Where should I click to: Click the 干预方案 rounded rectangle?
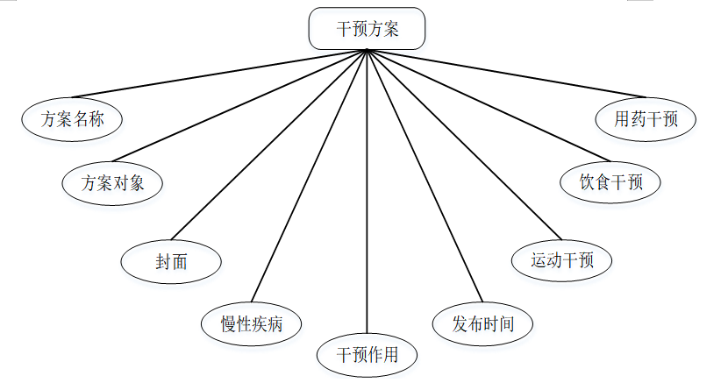pyautogui.click(x=367, y=29)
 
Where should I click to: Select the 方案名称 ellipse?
pyautogui.click(x=73, y=119)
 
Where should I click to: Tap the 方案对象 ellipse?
pyautogui.click(x=113, y=183)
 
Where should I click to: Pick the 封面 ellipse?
pyautogui.click(x=171, y=261)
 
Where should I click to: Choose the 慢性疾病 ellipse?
pyautogui.click(x=252, y=324)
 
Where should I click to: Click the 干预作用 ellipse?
pyautogui.click(x=368, y=355)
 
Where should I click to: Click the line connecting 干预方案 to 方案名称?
pyautogui.click(x=219, y=73)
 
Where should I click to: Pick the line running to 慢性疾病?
pyautogui.click(x=309, y=175)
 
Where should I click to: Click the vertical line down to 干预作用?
pyautogui.click(x=367, y=193)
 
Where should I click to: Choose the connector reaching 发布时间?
pyautogui.click(x=425, y=175)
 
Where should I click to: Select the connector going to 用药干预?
pyautogui.click(x=491, y=75)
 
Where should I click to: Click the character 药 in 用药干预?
pyautogui.click(x=638, y=119)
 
